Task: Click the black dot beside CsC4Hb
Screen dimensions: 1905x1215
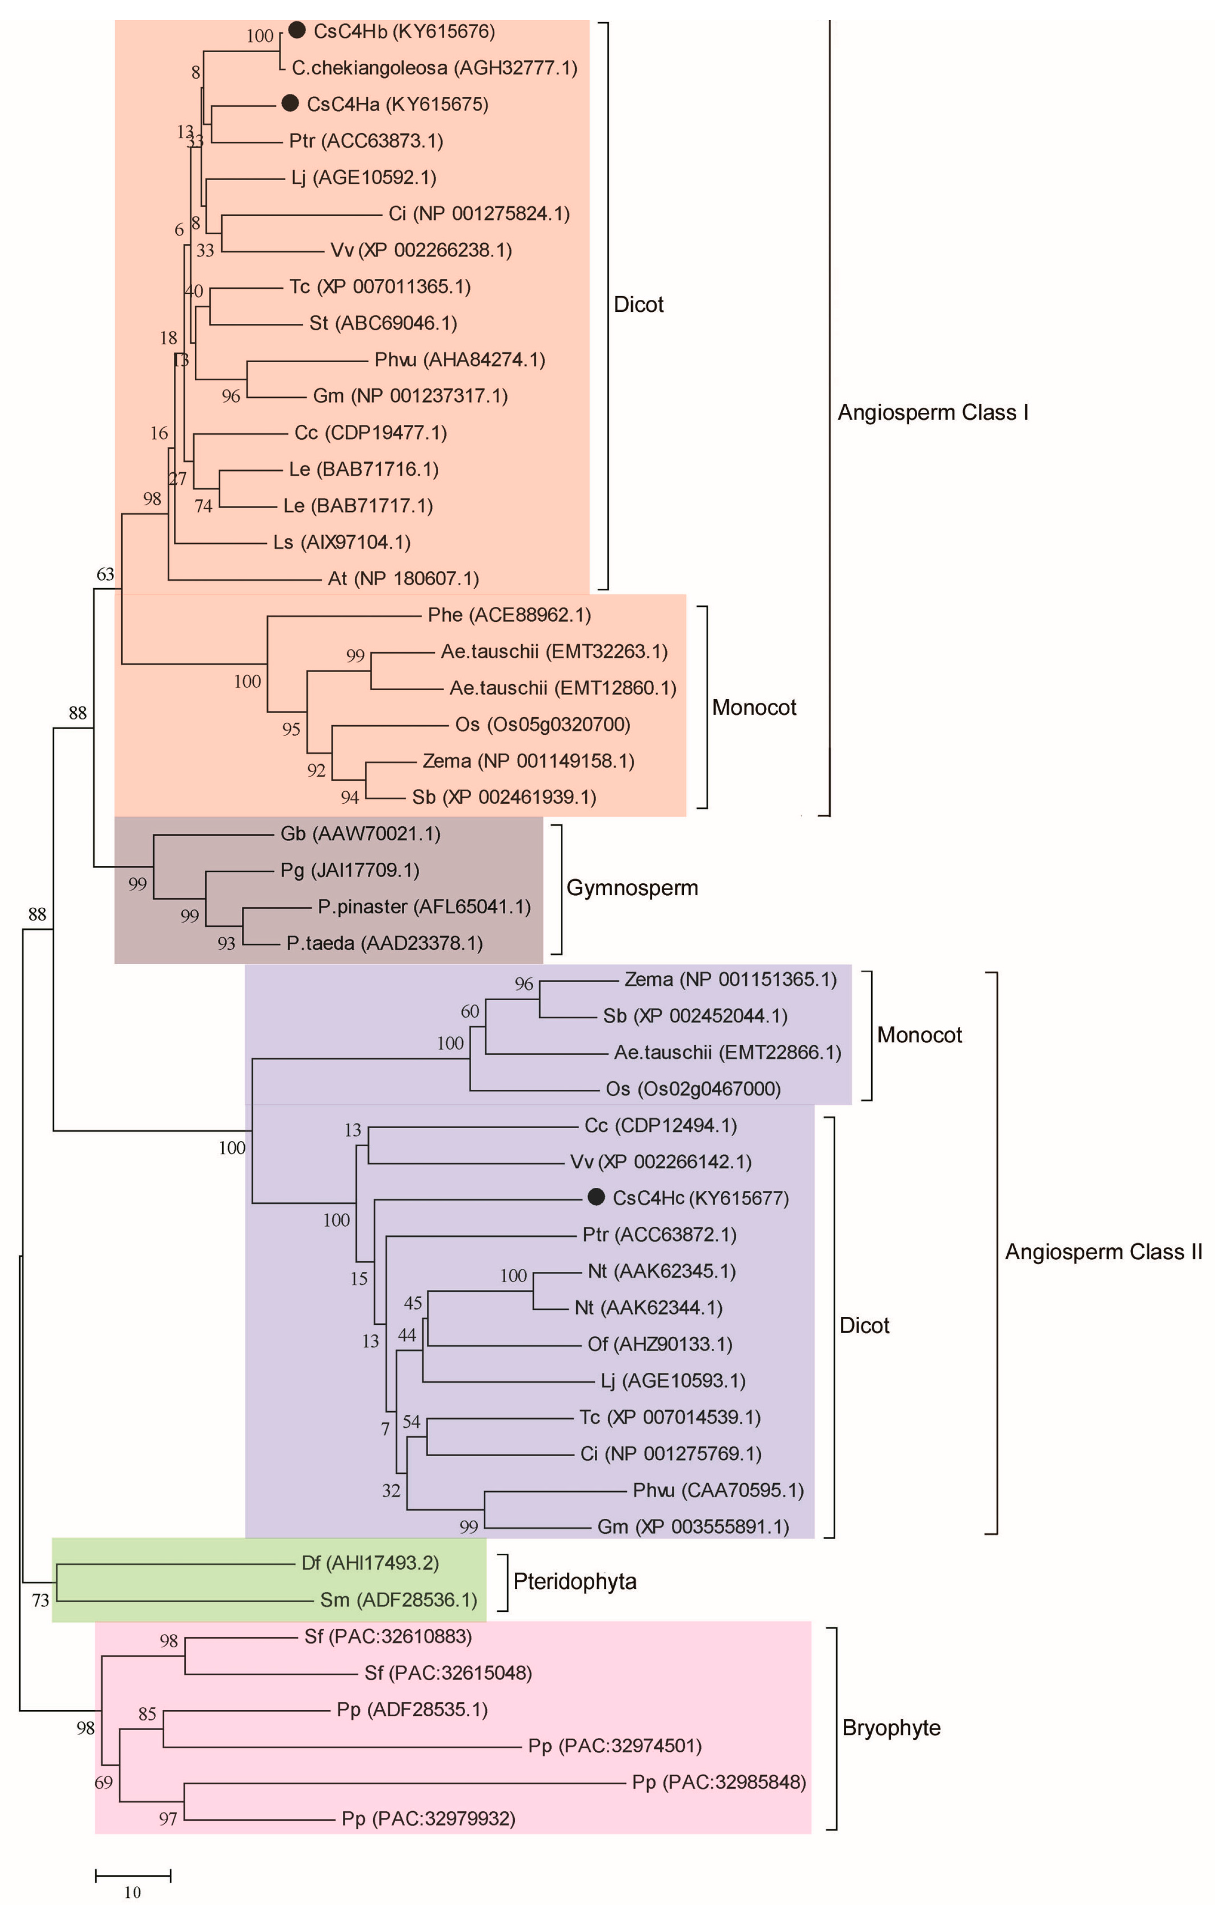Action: [296, 31]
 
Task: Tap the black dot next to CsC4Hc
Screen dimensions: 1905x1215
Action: [596, 1197]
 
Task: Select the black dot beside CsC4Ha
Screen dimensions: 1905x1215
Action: [290, 103]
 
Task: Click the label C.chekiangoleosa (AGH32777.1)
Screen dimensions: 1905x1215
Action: [434, 68]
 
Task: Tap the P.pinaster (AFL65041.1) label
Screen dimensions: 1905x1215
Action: [424, 907]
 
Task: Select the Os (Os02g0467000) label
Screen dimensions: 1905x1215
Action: [693, 1089]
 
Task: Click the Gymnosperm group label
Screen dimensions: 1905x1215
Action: [632, 888]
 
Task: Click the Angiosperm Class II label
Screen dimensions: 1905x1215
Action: [1102, 1252]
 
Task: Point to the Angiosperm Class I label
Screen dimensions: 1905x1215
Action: [932, 412]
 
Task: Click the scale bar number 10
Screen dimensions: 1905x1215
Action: [132, 1892]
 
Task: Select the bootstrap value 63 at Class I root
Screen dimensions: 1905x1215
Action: [105, 574]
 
